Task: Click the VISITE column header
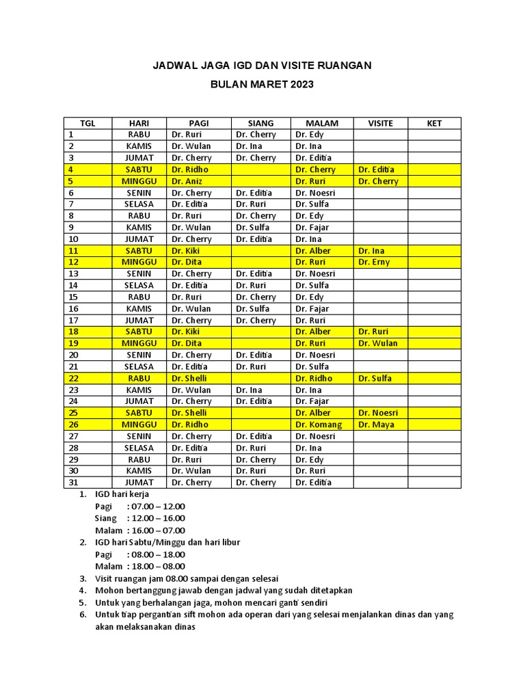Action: click(x=380, y=123)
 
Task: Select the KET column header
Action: click(x=434, y=123)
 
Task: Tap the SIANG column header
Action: click(x=260, y=123)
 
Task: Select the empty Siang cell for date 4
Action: click(x=260, y=170)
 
